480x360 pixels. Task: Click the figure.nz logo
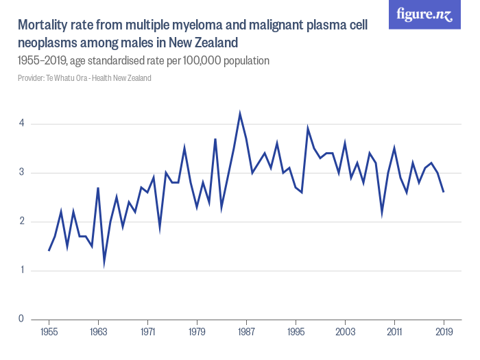click(424, 14)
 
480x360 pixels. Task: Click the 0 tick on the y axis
click(22, 319)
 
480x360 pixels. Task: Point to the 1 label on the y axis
click(22, 270)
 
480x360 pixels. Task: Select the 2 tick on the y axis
click(22, 221)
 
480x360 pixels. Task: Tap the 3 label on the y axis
click(22, 173)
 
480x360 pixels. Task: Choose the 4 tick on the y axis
click(22, 124)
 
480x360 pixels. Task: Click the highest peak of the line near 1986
click(240, 114)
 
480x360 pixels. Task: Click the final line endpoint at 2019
click(444, 192)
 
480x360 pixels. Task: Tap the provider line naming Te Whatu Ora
click(84, 78)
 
